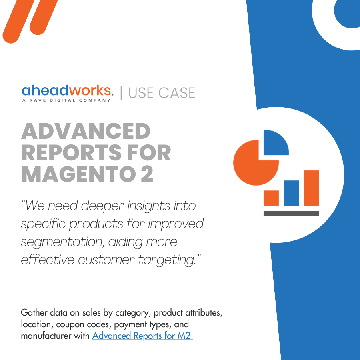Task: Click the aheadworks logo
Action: [x=67, y=91]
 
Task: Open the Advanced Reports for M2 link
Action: [x=142, y=335]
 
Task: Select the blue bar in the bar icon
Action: [x=291, y=193]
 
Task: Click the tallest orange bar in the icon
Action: [x=312, y=188]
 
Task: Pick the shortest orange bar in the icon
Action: [x=271, y=198]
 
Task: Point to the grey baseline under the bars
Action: [x=291, y=213]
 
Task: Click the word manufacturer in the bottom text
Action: [x=46, y=335]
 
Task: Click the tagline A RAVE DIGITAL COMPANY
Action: [x=66, y=100]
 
